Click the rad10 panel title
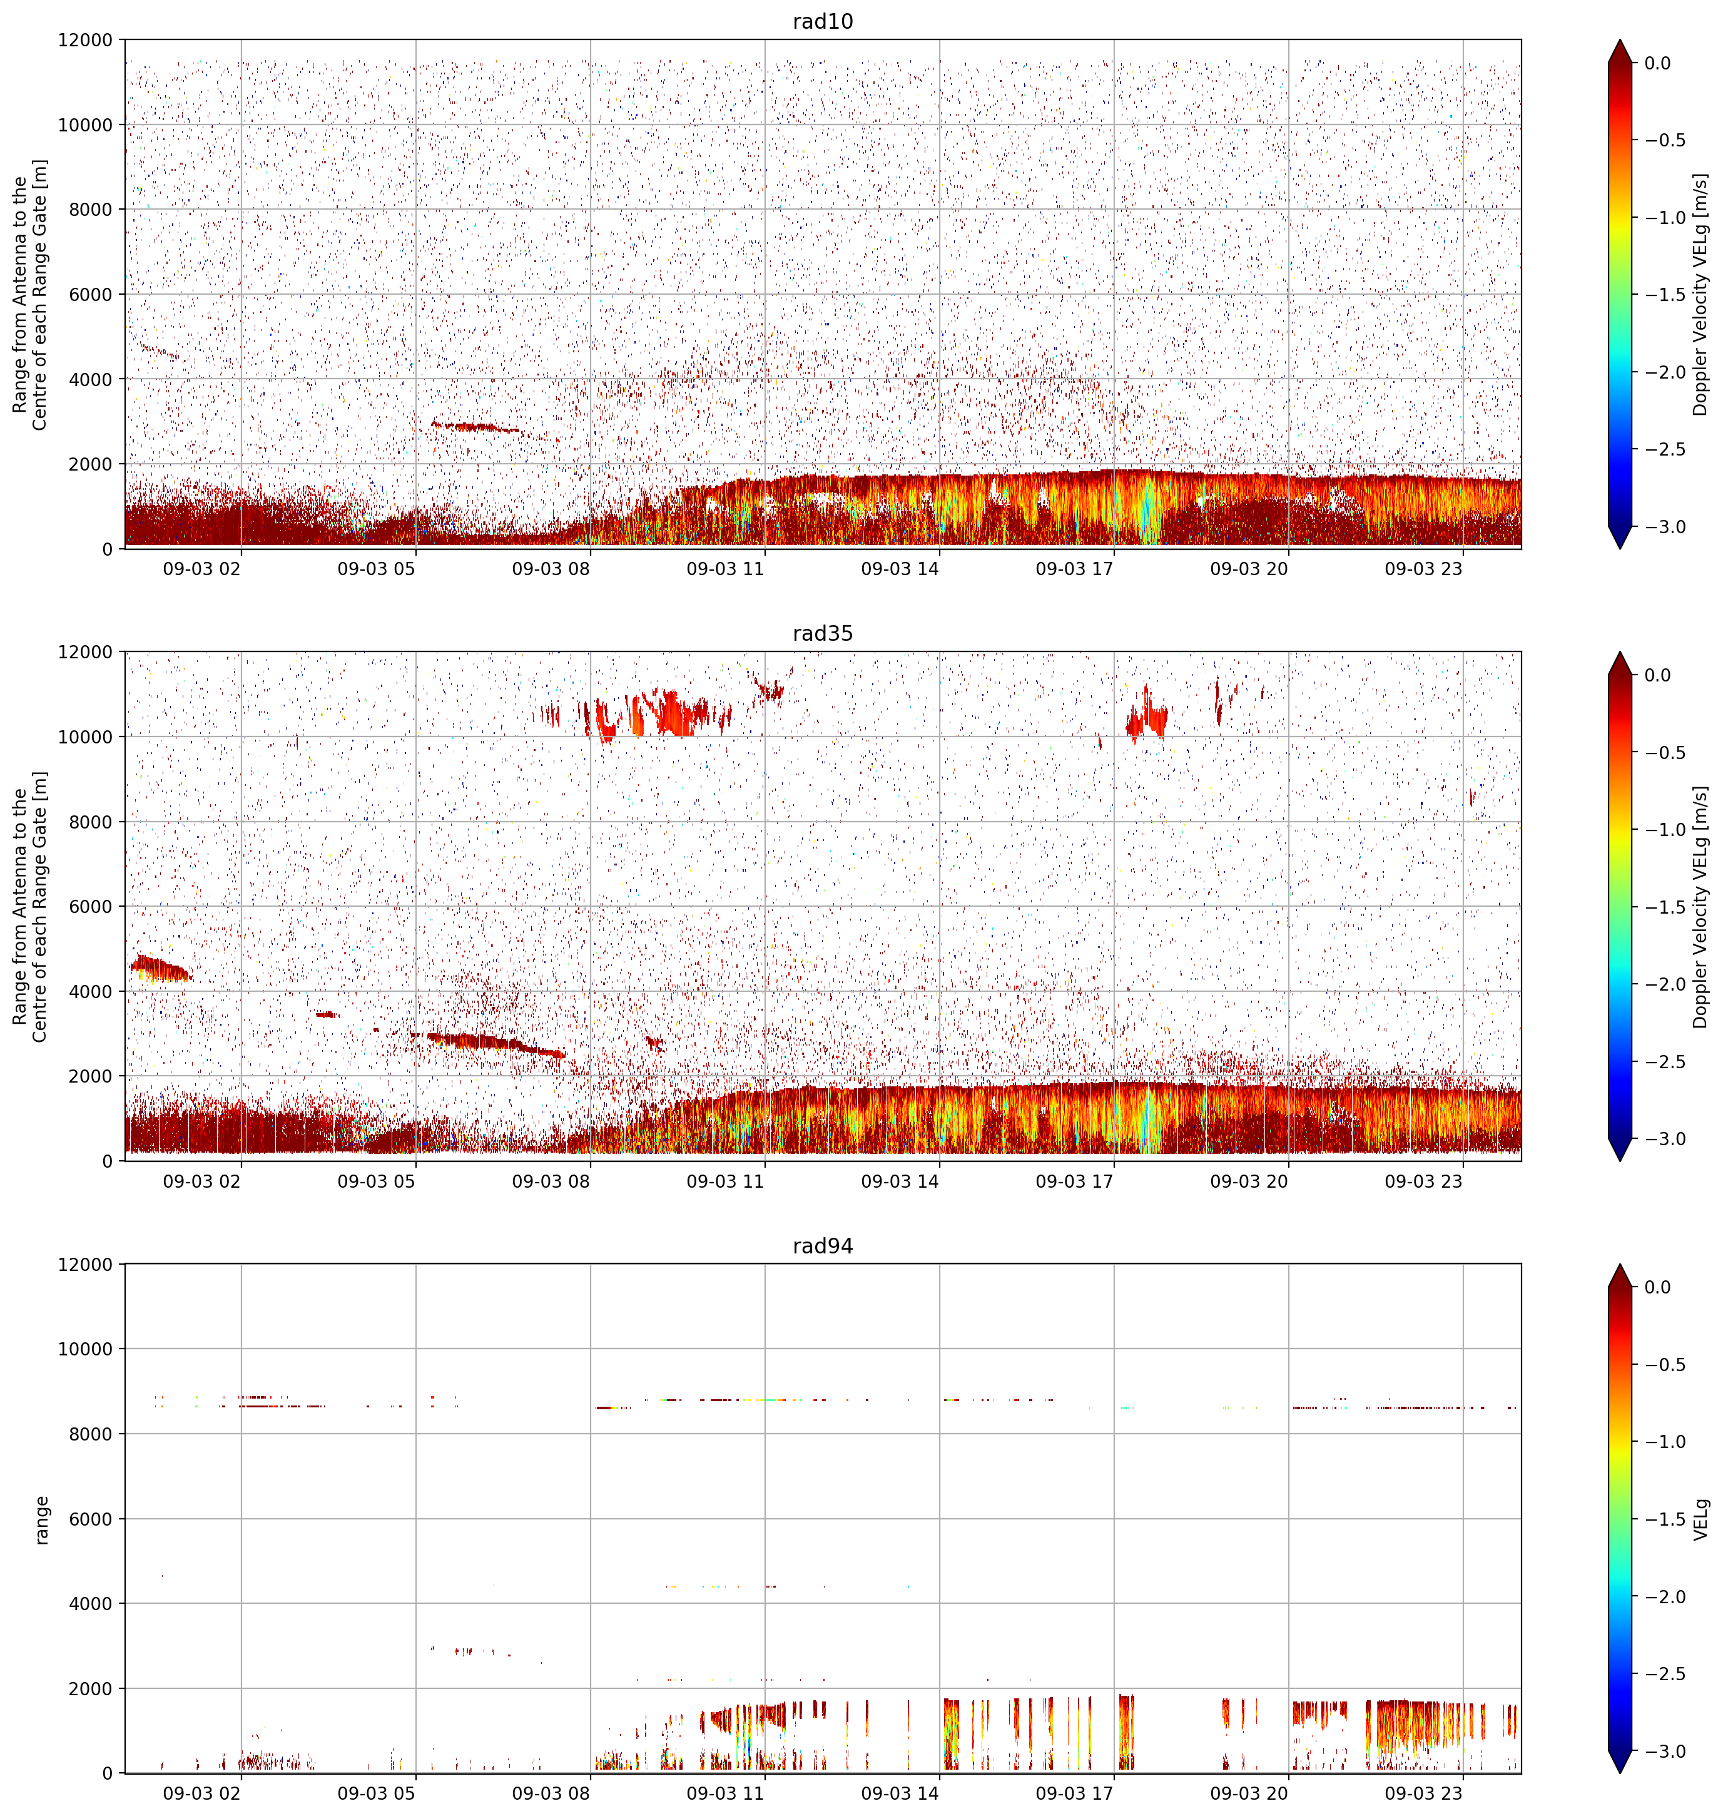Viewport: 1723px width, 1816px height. tap(823, 21)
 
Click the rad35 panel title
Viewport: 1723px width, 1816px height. tap(823, 633)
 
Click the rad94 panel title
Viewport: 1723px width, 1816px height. tap(823, 1245)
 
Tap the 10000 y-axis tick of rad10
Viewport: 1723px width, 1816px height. tap(86, 125)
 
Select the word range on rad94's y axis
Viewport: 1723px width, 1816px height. tap(41, 1519)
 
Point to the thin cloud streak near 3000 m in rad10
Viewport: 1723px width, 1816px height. tap(475, 427)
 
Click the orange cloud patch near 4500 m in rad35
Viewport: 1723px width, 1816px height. tap(160, 968)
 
